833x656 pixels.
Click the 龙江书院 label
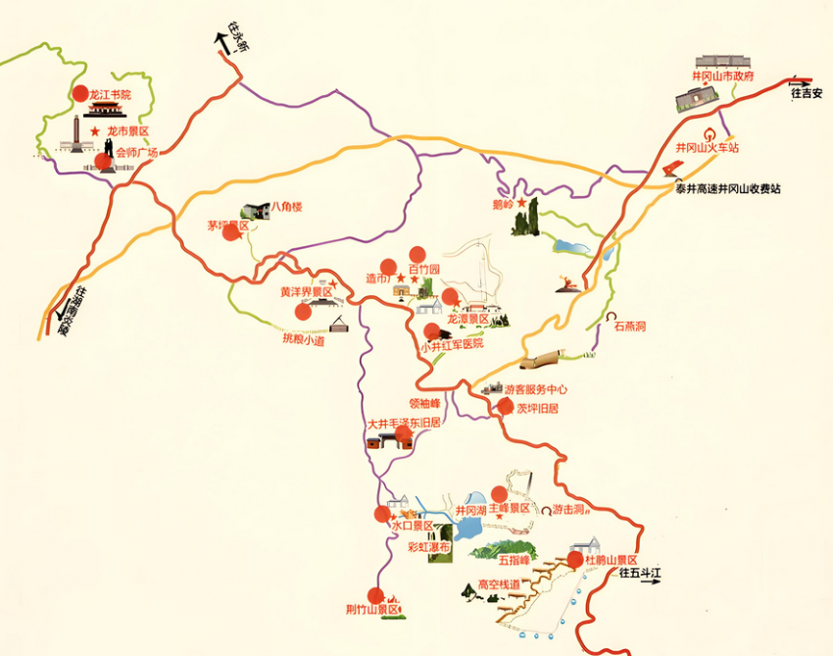tap(109, 95)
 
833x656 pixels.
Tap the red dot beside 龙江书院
tap(80, 94)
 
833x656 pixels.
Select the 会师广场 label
tap(137, 153)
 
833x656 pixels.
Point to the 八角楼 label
tap(287, 207)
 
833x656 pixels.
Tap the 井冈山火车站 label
tap(706, 148)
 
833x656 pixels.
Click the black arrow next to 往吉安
tap(801, 82)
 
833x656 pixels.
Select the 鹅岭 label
tap(504, 205)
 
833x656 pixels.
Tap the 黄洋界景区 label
tap(307, 292)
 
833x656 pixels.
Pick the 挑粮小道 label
tap(303, 340)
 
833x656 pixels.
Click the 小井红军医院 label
tap(452, 345)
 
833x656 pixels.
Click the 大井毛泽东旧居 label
tap(403, 424)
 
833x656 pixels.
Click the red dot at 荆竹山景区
tap(374, 595)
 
